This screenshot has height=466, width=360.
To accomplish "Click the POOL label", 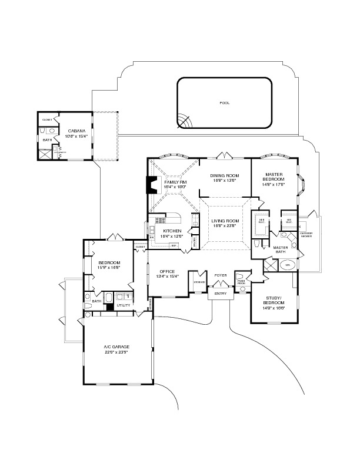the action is click(224, 103).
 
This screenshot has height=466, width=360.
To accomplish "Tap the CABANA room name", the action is click(76, 131).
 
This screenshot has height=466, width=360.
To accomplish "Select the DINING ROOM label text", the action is click(224, 175).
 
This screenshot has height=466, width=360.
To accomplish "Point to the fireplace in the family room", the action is click(151, 185).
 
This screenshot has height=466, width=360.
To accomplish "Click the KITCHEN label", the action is click(172, 231).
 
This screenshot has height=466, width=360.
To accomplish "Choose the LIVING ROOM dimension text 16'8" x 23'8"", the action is click(224, 225).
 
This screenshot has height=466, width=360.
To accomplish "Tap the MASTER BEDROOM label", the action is click(275, 177).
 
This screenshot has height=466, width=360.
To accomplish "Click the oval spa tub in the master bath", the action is click(288, 264).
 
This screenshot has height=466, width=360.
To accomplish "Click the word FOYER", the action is click(221, 275).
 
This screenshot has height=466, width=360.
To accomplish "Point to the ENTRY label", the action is click(221, 294).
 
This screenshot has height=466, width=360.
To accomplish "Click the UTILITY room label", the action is click(124, 305).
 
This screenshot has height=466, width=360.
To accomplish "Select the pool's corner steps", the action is click(185, 122).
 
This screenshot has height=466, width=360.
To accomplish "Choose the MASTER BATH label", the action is click(281, 250).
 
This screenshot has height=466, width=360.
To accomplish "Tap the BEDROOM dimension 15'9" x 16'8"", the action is click(109, 267).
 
